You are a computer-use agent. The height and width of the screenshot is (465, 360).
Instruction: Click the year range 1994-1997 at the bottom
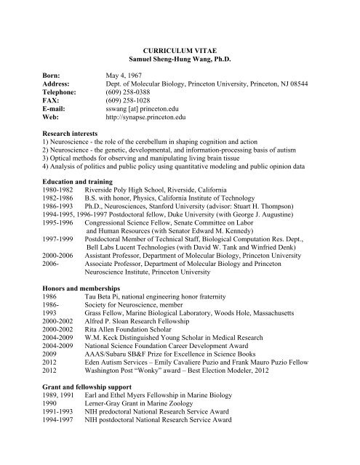click(37, 456)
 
